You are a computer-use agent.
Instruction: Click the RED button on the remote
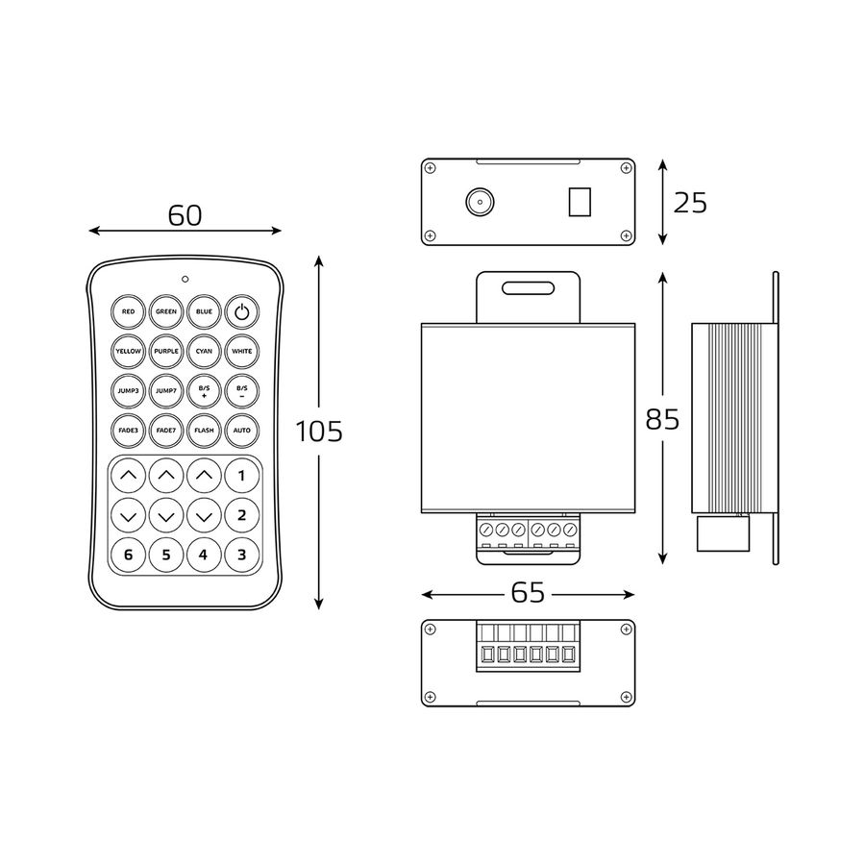pyautogui.click(x=128, y=311)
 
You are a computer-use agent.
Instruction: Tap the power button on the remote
pyautogui.click(x=241, y=311)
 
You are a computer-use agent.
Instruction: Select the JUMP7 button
pyautogui.click(x=166, y=390)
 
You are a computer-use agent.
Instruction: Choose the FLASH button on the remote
pyautogui.click(x=204, y=431)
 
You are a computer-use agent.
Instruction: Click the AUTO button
pyautogui.click(x=241, y=431)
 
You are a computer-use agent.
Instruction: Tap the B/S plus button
pyautogui.click(x=204, y=390)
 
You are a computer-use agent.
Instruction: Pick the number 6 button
pyautogui.click(x=128, y=555)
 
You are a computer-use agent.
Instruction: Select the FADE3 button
pyautogui.click(x=128, y=431)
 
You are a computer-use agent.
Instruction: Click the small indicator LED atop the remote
pyautogui.click(x=185, y=279)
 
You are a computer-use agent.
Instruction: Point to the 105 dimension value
pyautogui.click(x=319, y=432)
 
